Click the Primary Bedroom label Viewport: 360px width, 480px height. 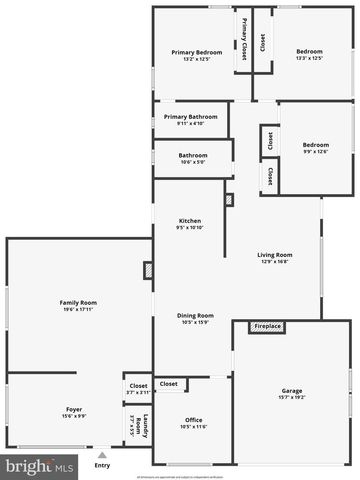(x=196, y=52)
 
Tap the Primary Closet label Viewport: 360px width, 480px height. (x=244, y=41)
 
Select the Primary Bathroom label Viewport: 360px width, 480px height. (x=190, y=117)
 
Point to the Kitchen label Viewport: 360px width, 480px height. (x=190, y=221)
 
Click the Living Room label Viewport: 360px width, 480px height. (x=275, y=254)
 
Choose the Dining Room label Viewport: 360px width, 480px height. (x=196, y=315)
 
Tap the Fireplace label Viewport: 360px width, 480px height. (x=267, y=326)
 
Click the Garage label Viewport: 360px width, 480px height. (x=292, y=391)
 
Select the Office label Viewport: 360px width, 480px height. (x=194, y=420)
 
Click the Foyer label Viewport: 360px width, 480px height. (x=74, y=409)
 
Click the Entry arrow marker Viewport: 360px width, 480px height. (x=101, y=454)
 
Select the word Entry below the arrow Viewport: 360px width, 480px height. (x=102, y=465)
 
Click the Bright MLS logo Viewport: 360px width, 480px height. (x=40, y=466)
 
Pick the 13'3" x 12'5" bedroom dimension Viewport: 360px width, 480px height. (x=309, y=58)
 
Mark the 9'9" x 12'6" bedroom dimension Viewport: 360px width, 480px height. (x=315, y=151)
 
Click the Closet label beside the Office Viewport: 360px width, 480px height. (x=168, y=384)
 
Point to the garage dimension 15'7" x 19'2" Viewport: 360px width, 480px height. (x=292, y=397)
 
